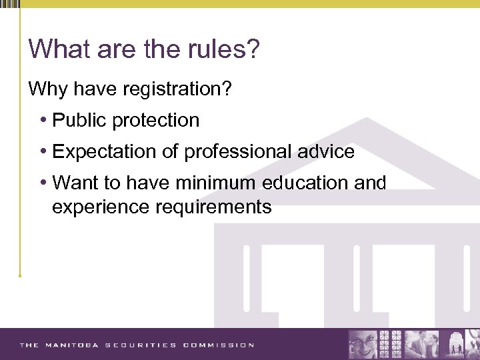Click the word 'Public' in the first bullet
pos(79,121)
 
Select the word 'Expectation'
pos(105,152)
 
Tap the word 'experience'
pos(101,207)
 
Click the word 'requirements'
pos(213,207)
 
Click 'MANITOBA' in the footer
pos(71,345)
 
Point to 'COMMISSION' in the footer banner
pos(219,345)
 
